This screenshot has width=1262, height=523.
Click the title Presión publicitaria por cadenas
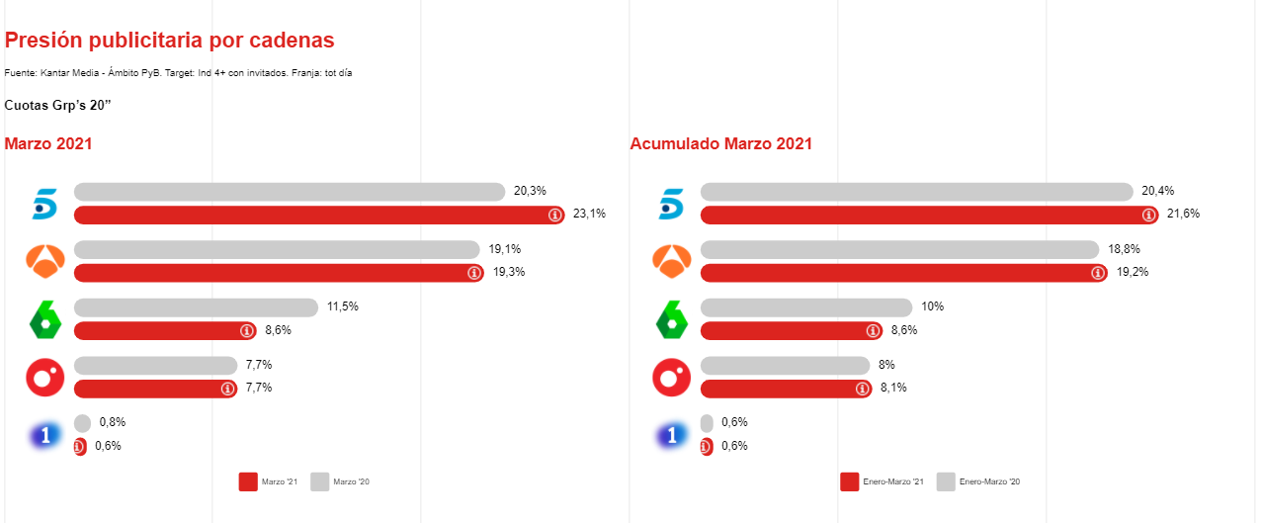(x=169, y=41)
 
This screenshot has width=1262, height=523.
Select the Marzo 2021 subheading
(x=48, y=143)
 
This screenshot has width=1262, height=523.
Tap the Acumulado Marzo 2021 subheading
(x=720, y=143)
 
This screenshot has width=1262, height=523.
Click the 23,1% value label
(x=589, y=215)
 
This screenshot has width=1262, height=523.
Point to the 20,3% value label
(x=530, y=191)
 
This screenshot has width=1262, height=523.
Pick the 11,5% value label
(x=342, y=307)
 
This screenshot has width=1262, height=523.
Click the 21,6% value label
(x=1183, y=215)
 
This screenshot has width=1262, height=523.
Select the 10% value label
(x=932, y=307)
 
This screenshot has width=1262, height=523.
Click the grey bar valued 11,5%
(x=196, y=307)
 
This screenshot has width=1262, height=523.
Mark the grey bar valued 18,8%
(x=899, y=249)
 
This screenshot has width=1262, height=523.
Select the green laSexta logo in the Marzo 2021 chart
(x=44, y=319)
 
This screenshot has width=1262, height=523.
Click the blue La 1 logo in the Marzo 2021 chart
(x=44, y=435)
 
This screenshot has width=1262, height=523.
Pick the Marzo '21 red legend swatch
(x=248, y=481)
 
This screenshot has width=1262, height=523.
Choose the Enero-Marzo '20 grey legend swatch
(x=946, y=481)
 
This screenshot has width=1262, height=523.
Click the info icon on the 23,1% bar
(x=554, y=216)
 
